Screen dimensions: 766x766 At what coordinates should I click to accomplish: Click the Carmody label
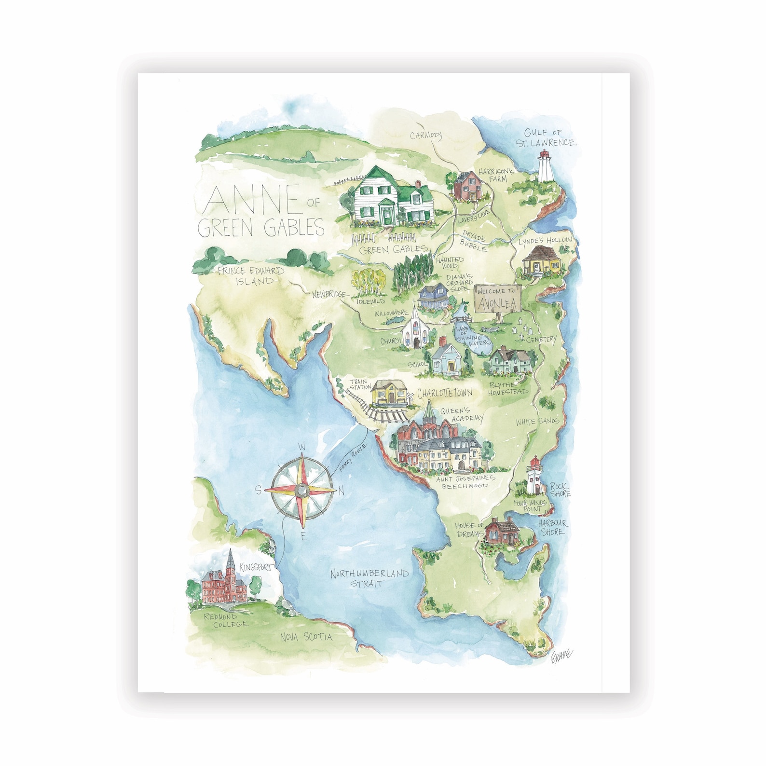425,136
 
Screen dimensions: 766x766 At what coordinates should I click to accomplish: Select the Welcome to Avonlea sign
498,299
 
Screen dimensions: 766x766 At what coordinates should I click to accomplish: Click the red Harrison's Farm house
467,186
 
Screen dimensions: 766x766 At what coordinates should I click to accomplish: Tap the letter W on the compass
302,446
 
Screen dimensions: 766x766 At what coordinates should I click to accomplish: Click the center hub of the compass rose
302,491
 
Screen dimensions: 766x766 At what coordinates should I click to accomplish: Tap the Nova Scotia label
307,637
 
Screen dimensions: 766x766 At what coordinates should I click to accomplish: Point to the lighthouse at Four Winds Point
534,477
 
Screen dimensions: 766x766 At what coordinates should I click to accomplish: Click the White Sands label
537,422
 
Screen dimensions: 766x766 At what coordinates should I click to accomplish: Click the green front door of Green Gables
386,215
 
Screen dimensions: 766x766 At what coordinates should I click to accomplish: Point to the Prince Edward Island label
251,276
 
